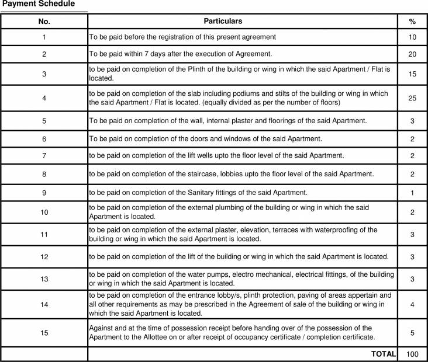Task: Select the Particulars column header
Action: coord(223,21)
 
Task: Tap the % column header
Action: coord(412,21)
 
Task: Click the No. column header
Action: coord(44,21)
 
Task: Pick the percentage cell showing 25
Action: coord(412,98)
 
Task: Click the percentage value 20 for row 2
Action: coord(412,54)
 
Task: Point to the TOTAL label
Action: coord(384,354)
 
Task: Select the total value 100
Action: coord(412,354)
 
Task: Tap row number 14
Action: coord(44,304)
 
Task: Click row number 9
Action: coord(44,193)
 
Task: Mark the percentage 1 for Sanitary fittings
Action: coord(412,193)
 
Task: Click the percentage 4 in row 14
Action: coord(412,304)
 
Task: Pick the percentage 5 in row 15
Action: coord(412,333)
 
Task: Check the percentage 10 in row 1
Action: coord(412,37)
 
